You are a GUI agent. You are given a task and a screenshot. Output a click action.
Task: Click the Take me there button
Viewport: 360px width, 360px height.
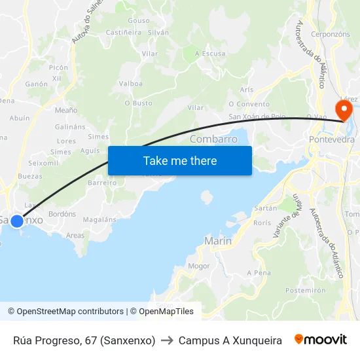coord(180,160)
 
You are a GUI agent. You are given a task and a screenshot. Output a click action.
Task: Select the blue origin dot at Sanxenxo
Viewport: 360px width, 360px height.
coord(17,221)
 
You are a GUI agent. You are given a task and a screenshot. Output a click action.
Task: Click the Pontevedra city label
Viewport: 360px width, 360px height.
coord(331,139)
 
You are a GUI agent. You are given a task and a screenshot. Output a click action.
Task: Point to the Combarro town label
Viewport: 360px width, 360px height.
coord(213,139)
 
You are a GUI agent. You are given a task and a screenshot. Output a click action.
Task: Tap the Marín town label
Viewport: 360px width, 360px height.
coord(218,242)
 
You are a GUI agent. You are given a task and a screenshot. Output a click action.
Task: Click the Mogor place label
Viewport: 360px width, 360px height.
coord(199,266)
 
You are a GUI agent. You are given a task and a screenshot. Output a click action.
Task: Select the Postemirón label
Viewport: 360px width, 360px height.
coord(305,290)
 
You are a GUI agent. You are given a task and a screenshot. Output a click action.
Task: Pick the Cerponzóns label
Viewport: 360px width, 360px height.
coord(331,34)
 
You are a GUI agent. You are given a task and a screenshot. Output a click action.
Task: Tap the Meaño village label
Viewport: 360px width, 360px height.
coord(66,110)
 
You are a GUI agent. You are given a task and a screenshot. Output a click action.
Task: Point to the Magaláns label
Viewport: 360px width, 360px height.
coord(99,219)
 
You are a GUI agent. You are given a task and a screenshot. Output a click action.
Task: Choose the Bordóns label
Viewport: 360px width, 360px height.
coord(62,214)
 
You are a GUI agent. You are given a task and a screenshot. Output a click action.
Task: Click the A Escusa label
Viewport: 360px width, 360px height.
coord(210,54)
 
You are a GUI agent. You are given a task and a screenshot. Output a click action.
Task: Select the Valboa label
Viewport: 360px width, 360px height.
coord(131,84)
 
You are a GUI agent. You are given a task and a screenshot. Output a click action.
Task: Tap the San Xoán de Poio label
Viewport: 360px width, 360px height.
coord(257,117)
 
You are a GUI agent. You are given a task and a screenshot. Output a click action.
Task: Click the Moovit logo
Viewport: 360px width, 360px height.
coord(321,340)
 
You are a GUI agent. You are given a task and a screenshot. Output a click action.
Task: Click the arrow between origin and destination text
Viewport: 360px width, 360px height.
coord(166,340)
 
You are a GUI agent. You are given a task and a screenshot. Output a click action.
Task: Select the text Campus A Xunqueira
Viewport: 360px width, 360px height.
coord(230,340)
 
